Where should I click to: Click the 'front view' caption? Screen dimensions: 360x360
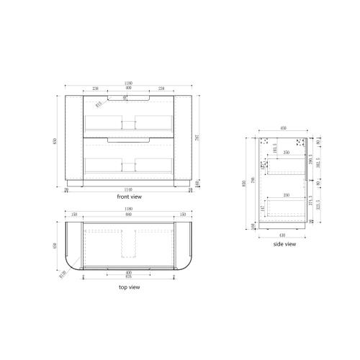130,196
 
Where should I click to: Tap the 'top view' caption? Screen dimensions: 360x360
129,287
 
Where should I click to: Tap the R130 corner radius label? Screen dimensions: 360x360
61,272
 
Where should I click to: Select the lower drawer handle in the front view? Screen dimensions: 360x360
130,139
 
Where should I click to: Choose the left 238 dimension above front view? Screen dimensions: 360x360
95,89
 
